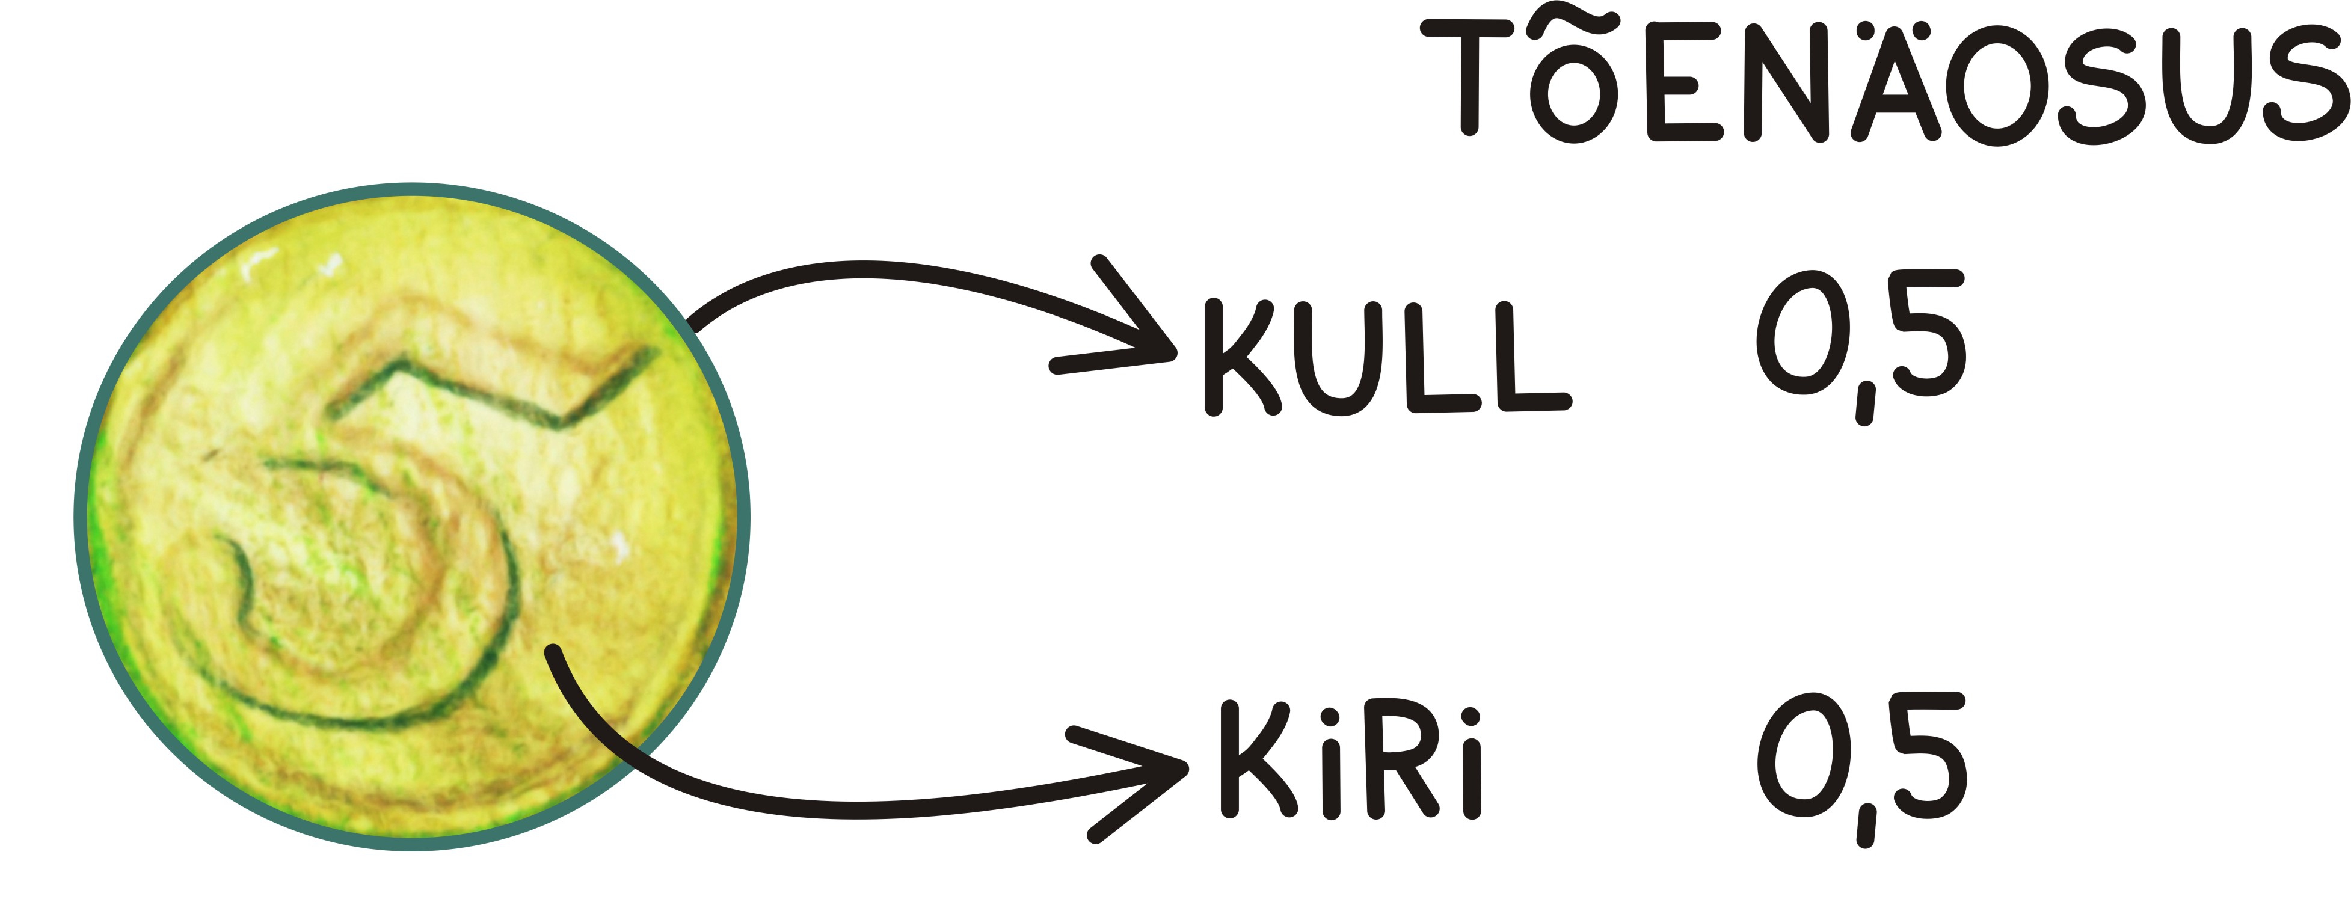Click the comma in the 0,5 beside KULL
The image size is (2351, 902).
[1864, 403]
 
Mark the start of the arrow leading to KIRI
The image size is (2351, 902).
[552, 651]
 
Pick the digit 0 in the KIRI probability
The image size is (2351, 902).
[1796, 754]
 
